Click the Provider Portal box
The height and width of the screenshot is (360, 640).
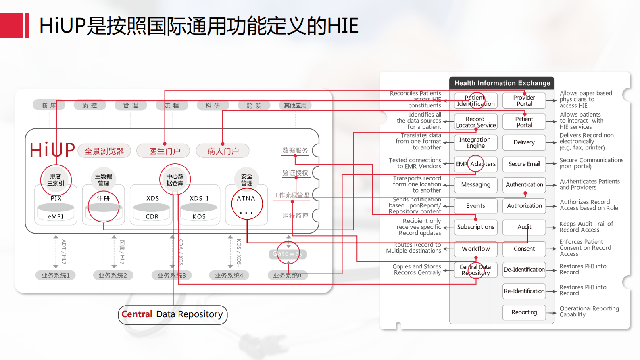click(x=524, y=100)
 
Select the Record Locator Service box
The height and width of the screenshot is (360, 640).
click(x=475, y=122)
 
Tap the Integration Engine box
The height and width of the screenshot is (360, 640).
click(x=475, y=142)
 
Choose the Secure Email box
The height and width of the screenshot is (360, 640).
click(x=524, y=164)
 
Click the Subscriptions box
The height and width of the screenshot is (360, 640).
click(x=475, y=227)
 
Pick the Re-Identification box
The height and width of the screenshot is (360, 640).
click(x=524, y=291)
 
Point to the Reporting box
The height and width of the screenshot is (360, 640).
click(x=524, y=312)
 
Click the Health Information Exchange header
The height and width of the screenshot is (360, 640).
click(x=502, y=83)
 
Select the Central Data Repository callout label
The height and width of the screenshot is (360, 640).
click(x=173, y=314)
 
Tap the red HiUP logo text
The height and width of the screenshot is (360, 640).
click(x=52, y=150)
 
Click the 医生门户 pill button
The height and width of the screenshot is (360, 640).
click(x=165, y=151)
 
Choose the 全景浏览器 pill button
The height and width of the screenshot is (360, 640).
click(x=104, y=151)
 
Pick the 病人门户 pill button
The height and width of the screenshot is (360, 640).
click(x=223, y=151)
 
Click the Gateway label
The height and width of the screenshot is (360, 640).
click(x=288, y=254)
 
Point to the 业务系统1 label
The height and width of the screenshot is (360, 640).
click(x=56, y=275)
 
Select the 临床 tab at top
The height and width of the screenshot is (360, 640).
click(x=49, y=105)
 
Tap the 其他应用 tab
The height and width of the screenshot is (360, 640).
click(x=295, y=105)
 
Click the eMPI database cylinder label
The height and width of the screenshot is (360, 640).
click(x=56, y=216)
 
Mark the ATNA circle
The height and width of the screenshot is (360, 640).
click(x=247, y=203)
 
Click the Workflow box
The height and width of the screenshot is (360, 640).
click(x=475, y=249)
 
